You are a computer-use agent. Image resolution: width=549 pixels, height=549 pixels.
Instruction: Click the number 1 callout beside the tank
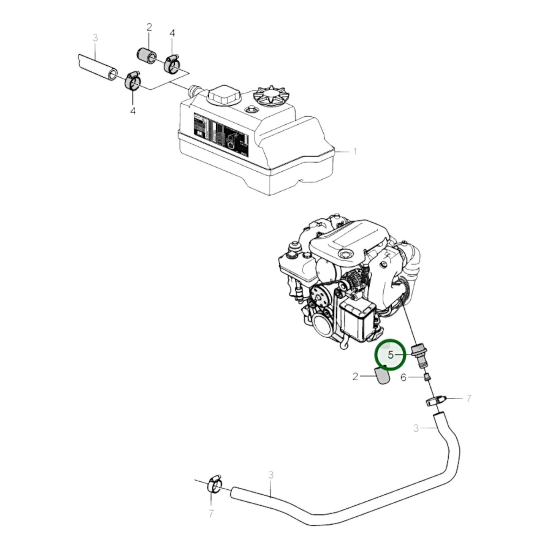point(355,152)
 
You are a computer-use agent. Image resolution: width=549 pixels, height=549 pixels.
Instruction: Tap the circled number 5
point(391,355)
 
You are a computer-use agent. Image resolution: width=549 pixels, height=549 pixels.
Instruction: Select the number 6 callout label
point(403,377)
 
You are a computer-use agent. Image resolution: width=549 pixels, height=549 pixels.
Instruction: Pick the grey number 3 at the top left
point(95,38)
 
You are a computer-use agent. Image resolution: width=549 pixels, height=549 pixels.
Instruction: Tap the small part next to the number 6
point(427,377)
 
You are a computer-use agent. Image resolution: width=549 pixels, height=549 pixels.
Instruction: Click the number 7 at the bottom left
point(211,513)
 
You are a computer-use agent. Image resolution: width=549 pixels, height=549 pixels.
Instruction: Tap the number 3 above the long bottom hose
point(271,475)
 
